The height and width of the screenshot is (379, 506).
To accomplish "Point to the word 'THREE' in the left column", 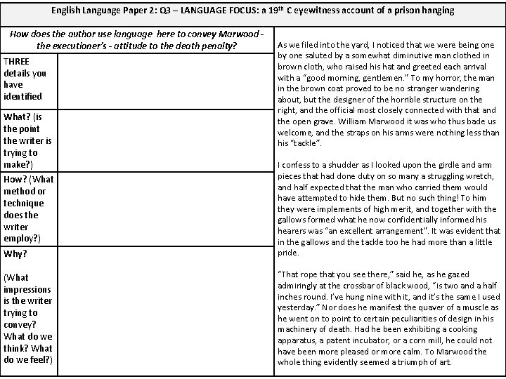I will [18, 61].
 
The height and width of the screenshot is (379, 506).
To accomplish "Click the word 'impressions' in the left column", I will [27, 289].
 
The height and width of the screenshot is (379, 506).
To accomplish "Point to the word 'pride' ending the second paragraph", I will [289, 253].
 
